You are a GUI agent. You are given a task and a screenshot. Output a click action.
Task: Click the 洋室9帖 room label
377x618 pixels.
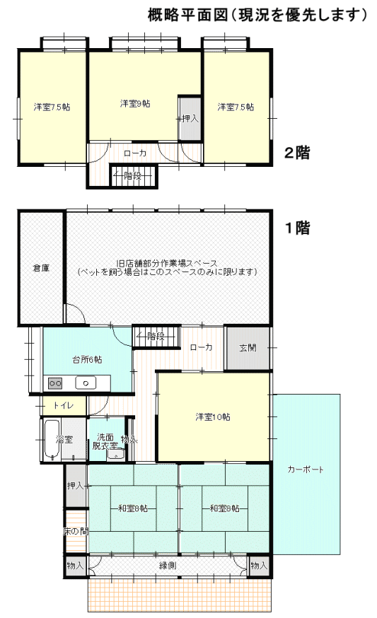tap(135, 104)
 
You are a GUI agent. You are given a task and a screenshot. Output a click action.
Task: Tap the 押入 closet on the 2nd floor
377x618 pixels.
tap(190, 118)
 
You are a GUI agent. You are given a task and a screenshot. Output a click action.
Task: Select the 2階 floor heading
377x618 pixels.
tap(297, 153)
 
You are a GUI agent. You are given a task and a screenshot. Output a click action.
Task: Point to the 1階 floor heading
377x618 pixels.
tap(298, 228)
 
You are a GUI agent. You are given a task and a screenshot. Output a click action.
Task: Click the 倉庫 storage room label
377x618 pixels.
tap(41, 268)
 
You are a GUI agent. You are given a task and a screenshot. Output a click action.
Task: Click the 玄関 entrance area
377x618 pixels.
tap(248, 348)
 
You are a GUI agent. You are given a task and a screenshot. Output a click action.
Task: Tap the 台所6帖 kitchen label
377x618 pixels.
tap(87, 359)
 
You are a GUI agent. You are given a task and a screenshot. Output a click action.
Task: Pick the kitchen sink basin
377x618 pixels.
tap(86, 383)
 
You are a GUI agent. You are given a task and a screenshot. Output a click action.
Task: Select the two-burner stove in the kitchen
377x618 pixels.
tap(54, 383)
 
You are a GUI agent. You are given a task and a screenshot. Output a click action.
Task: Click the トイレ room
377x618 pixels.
tap(64, 406)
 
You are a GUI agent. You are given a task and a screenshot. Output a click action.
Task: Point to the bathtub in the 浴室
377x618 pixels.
tap(52, 439)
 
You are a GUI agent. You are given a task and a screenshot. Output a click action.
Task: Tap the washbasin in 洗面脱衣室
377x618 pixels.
tap(116, 455)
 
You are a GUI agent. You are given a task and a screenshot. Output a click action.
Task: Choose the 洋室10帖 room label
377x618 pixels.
tap(213, 416)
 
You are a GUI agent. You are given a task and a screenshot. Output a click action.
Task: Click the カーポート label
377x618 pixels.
tap(306, 470)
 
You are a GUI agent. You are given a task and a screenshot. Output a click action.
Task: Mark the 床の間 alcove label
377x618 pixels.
tap(76, 531)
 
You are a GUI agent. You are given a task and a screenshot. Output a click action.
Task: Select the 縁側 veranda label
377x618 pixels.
tap(167, 566)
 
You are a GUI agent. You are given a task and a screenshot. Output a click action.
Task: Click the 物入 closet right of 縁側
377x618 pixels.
tap(259, 566)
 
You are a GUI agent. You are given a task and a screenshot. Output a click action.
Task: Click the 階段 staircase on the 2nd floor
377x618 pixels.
tap(133, 176)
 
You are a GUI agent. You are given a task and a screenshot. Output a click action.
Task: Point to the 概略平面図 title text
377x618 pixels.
tap(188, 15)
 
